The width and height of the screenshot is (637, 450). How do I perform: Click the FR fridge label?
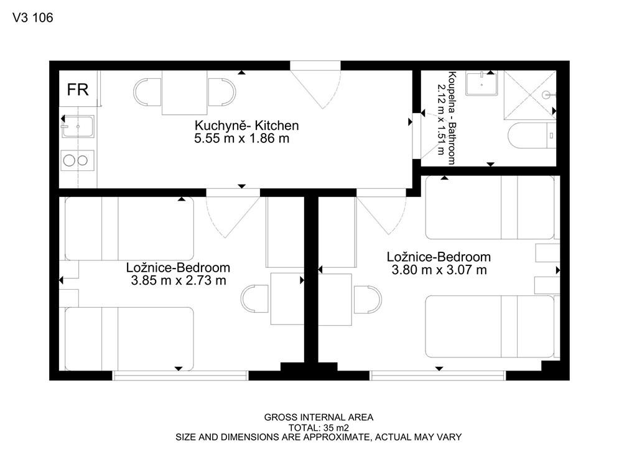point(78,90)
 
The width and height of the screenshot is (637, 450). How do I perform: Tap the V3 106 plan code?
point(33,17)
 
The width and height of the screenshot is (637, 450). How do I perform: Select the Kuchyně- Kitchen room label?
point(246,126)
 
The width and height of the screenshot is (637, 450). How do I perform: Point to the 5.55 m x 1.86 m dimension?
point(242,139)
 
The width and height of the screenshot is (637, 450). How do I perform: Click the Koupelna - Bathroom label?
point(452,118)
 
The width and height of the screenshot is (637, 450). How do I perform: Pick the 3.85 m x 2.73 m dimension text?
point(179,280)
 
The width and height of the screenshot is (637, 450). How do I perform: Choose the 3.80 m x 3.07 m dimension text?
point(439,270)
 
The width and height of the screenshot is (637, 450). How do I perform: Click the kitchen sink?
point(78,127)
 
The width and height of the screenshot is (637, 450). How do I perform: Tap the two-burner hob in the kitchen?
point(78,160)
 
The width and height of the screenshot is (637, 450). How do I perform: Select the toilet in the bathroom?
point(532,135)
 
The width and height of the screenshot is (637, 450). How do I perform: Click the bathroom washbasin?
point(481,83)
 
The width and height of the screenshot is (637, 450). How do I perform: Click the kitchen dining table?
point(185,93)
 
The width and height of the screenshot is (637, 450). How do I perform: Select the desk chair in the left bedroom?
point(255,298)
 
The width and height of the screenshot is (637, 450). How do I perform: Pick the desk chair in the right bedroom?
point(367,300)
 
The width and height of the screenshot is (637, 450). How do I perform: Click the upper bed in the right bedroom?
point(490,208)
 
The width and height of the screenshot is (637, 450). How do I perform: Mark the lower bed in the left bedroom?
point(129,339)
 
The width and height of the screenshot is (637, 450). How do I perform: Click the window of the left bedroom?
point(180,376)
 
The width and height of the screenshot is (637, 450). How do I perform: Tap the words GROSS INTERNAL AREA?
point(318,417)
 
